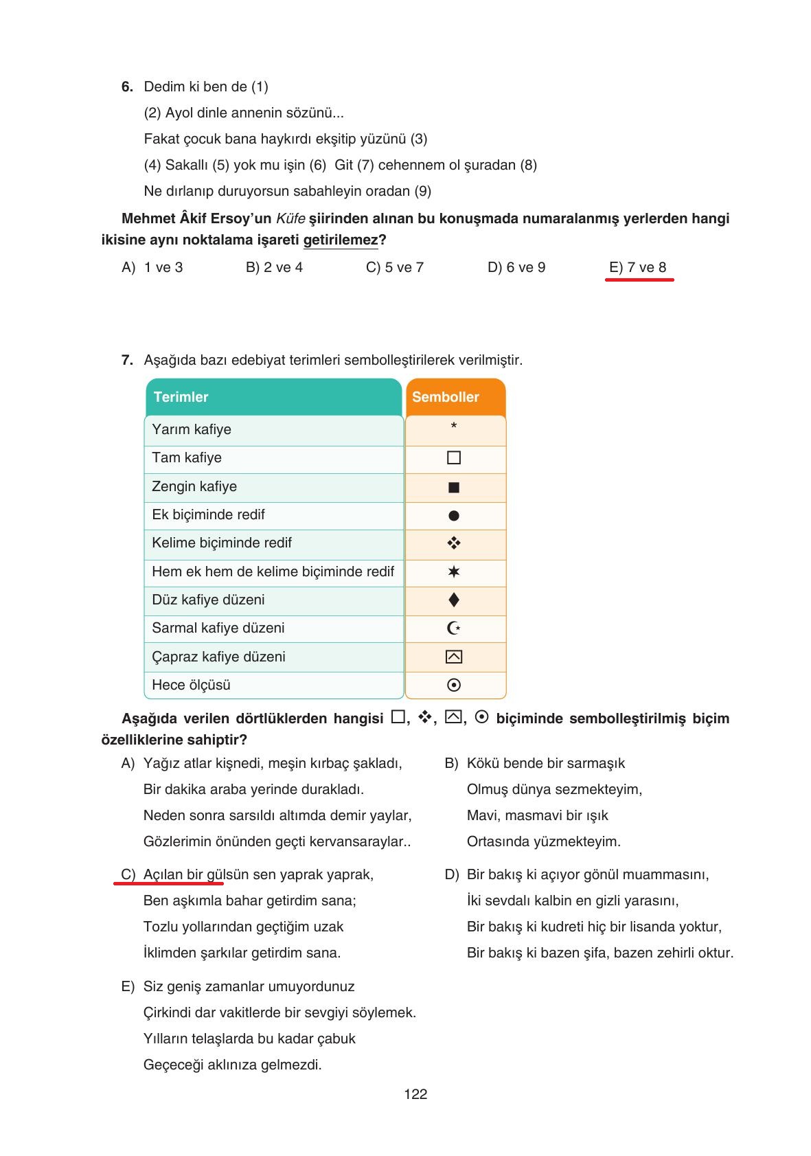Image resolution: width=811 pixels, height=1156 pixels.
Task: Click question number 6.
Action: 127,87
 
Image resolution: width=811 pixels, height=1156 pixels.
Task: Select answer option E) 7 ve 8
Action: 637,267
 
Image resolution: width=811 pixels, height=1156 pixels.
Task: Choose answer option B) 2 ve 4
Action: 274,267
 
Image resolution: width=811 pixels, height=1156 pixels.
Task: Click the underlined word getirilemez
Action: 341,240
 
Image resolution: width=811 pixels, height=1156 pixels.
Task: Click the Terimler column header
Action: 181,397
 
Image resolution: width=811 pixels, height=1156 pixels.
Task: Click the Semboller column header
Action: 446,397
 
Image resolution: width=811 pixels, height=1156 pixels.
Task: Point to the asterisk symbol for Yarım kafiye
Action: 454,427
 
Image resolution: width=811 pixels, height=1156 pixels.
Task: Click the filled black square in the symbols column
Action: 454,487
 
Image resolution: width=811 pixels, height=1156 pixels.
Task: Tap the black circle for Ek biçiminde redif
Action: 454,515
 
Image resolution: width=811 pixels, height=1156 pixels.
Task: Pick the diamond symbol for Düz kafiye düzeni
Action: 454,600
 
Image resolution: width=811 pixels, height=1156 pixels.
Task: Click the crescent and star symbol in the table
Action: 454,628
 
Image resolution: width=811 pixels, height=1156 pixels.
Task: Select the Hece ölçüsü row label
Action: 191,685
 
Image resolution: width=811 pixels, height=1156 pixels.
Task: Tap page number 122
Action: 415,1094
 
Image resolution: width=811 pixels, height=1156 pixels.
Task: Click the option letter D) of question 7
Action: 451,874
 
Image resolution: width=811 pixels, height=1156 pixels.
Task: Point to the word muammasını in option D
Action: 670,874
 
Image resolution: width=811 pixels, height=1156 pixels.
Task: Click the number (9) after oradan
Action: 423,191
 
